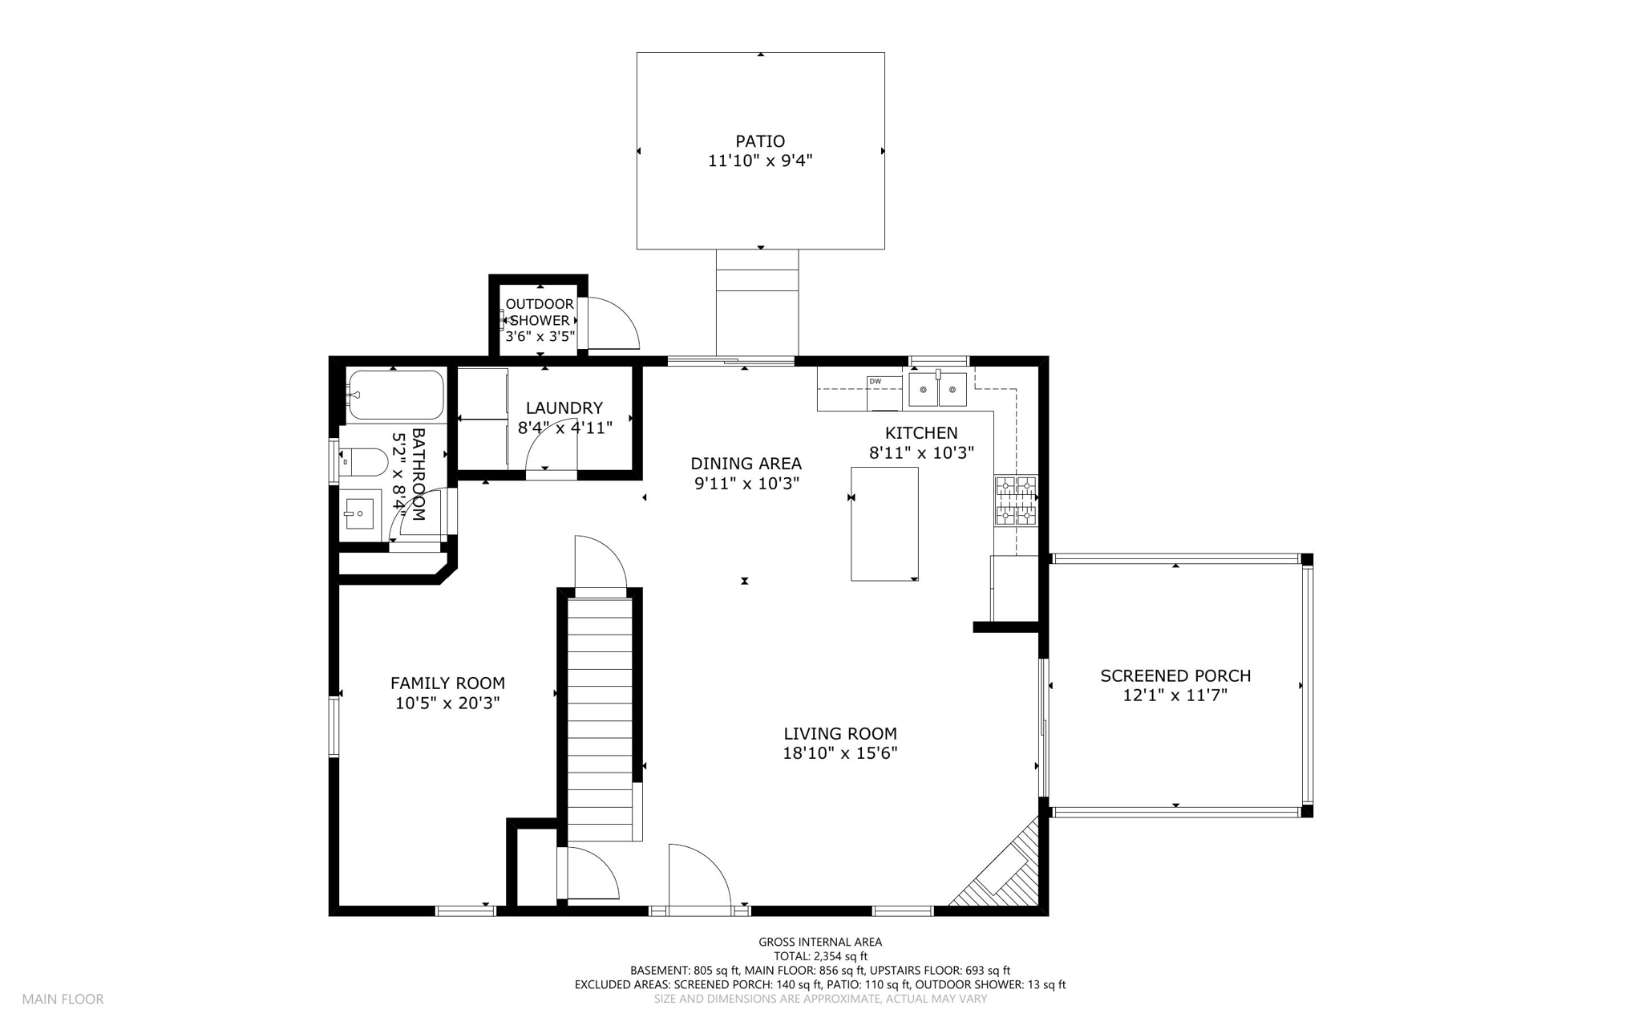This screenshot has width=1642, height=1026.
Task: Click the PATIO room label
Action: coord(760,141)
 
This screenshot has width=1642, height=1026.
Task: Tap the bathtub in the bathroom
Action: coord(395,395)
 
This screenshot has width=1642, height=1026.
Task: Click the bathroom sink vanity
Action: coord(360,511)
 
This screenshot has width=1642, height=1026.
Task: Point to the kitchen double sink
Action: coord(936,391)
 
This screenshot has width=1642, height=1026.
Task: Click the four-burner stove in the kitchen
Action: coord(1016,501)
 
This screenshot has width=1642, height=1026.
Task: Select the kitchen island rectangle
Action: coord(884,523)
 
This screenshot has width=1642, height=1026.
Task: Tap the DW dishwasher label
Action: coord(875,381)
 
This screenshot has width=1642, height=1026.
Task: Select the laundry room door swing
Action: coord(552,449)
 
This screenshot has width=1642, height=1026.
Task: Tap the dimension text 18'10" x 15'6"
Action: coord(839,753)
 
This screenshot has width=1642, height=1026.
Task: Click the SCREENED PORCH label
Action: coord(1175,676)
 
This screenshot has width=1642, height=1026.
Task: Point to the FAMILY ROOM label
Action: coord(447,683)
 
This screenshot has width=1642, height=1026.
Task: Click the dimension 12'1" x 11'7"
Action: coord(1175,695)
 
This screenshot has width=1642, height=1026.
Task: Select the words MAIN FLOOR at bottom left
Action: coord(63,1000)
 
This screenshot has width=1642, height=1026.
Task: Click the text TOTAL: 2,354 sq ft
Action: coord(820,956)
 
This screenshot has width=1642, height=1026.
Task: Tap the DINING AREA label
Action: coord(746,464)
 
